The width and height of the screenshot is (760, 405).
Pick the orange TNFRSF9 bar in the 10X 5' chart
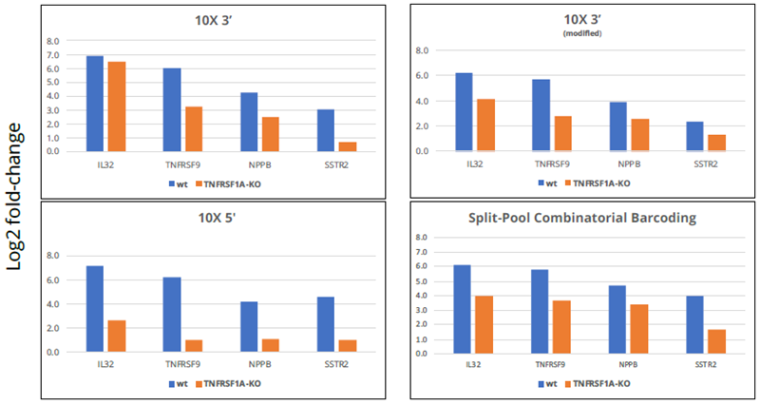(194, 346)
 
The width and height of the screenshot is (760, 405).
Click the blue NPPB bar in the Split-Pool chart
(617, 318)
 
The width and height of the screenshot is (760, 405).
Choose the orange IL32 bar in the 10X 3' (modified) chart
(486, 125)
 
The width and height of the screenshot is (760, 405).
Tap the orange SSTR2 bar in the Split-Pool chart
(716, 341)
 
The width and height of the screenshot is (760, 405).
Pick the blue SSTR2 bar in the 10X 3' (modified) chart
(694, 136)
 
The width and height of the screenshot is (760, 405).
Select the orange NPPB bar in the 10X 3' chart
(271, 134)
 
